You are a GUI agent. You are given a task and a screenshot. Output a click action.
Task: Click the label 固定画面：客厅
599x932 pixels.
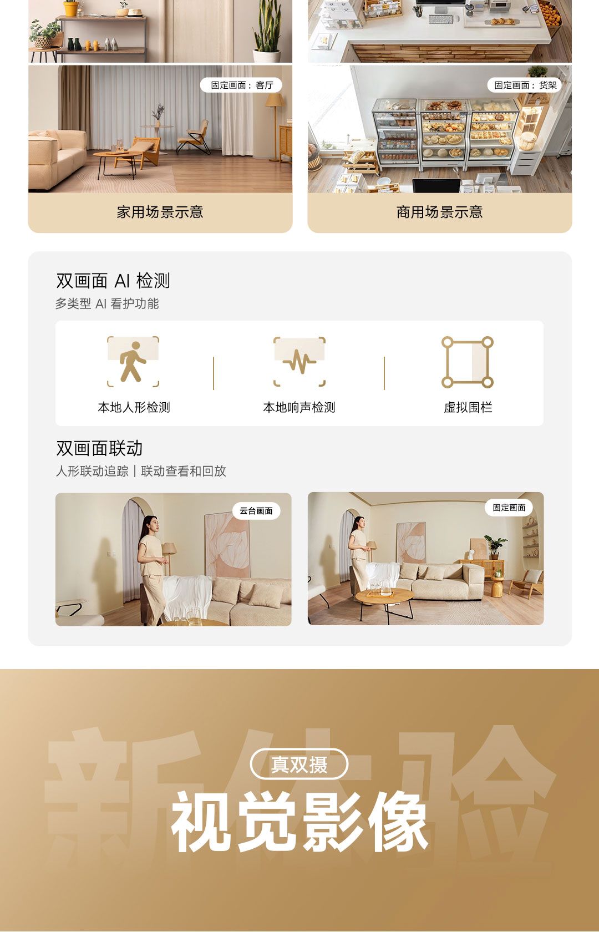coord(241,85)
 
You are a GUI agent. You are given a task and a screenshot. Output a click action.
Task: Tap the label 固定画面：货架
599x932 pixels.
coord(525,85)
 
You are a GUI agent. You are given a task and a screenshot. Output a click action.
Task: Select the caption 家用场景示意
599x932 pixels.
coord(160,212)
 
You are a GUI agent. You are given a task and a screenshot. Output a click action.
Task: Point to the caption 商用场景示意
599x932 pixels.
coord(440,212)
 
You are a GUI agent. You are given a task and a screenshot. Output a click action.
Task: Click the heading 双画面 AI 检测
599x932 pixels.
coord(113,281)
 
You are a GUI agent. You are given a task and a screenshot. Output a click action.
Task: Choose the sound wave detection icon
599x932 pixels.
coord(299,362)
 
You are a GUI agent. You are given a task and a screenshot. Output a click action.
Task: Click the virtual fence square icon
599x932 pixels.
coord(468,362)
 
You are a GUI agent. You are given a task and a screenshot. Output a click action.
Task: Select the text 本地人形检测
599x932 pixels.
coord(134,407)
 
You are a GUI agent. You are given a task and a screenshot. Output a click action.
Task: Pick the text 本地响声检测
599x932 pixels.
coord(299,407)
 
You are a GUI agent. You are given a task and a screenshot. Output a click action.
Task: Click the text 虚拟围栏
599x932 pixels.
coord(468,407)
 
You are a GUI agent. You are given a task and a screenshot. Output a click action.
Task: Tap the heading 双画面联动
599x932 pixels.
coord(99,448)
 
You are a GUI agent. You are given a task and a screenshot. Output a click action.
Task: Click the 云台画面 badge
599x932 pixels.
coord(256,511)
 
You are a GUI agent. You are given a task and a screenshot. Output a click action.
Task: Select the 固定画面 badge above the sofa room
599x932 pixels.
coord(509,508)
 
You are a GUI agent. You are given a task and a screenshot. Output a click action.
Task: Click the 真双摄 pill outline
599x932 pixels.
coord(299,763)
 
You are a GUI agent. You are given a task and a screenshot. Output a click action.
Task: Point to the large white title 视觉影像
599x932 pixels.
coord(299,822)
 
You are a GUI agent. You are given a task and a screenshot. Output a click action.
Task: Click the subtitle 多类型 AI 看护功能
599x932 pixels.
coord(107,304)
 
